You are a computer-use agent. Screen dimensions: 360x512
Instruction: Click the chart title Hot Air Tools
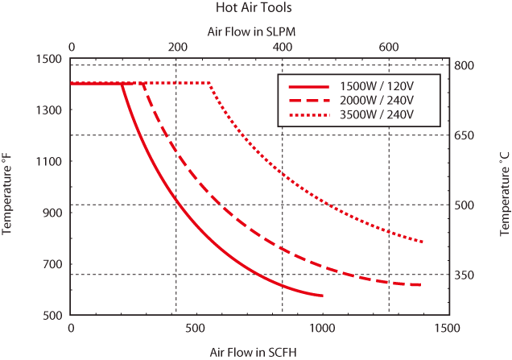pyautogui.click(x=254, y=8)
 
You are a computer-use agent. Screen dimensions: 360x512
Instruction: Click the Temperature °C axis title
pyautogui.click(x=505, y=186)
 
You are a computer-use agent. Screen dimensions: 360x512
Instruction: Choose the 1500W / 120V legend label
pyautogui.click(x=377, y=85)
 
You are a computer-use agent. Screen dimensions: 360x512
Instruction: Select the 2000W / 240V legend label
pyautogui.click(x=377, y=101)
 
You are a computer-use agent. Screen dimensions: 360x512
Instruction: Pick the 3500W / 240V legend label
pyautogui.click(x=377, y=116)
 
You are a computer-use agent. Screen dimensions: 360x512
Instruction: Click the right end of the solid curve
pyautogui.click(x=323, y=296)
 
